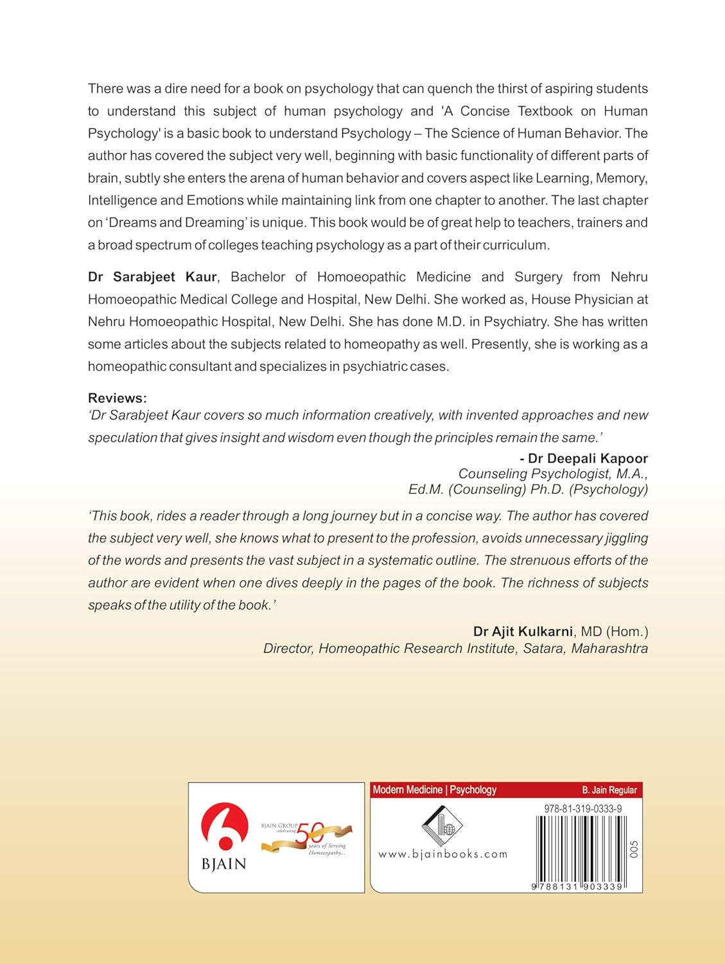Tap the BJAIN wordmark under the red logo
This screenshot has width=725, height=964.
(x=224, y=864)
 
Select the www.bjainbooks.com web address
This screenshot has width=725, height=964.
(x=442, y=854)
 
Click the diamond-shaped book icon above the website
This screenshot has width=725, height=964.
(x=442, y=825)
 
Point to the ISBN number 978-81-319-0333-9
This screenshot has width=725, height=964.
(x=582, y=809)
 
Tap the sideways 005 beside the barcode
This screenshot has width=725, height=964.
(x=634, y=849)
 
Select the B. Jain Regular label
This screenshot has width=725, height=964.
(x=609, y=790)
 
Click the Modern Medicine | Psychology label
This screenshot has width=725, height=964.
(x=435, y=790)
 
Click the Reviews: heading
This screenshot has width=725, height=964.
(x=118, y=398)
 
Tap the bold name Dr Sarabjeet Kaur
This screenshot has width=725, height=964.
(x=153, y=277)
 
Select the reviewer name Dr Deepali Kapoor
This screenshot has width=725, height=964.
(x=588, y=458)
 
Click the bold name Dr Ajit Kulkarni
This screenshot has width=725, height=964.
(x=523, y=632)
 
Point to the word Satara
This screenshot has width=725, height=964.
(x=543, y=648)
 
